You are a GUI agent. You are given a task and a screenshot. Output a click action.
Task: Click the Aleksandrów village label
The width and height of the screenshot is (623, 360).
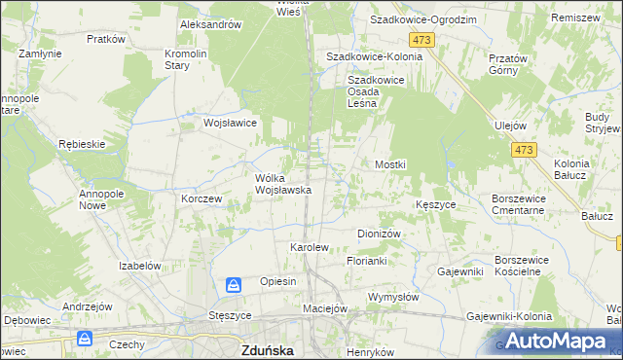point(211,24)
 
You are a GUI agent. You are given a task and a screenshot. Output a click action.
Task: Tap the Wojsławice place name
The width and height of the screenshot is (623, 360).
point(230,124)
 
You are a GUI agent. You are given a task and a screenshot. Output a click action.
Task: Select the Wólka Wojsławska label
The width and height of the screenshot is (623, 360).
point(282,184)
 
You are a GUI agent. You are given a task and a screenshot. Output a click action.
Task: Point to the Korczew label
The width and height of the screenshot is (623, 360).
point(202,198)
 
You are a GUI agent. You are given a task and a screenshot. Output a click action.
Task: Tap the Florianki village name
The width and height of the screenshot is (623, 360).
point(368,262)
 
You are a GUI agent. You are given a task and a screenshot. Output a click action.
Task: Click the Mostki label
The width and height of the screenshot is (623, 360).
point(390,165)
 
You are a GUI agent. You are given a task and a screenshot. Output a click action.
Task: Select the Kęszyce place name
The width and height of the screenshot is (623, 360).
point(436,205)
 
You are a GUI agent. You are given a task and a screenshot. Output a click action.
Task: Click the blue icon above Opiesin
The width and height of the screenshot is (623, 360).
point(234,285)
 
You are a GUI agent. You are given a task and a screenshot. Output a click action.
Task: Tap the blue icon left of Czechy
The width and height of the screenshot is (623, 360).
point(85,339)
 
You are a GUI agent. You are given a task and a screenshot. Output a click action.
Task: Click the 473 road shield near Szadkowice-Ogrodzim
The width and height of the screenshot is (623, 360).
point(421,39)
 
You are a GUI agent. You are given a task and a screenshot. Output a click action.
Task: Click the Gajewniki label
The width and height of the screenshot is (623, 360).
point(460,271)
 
